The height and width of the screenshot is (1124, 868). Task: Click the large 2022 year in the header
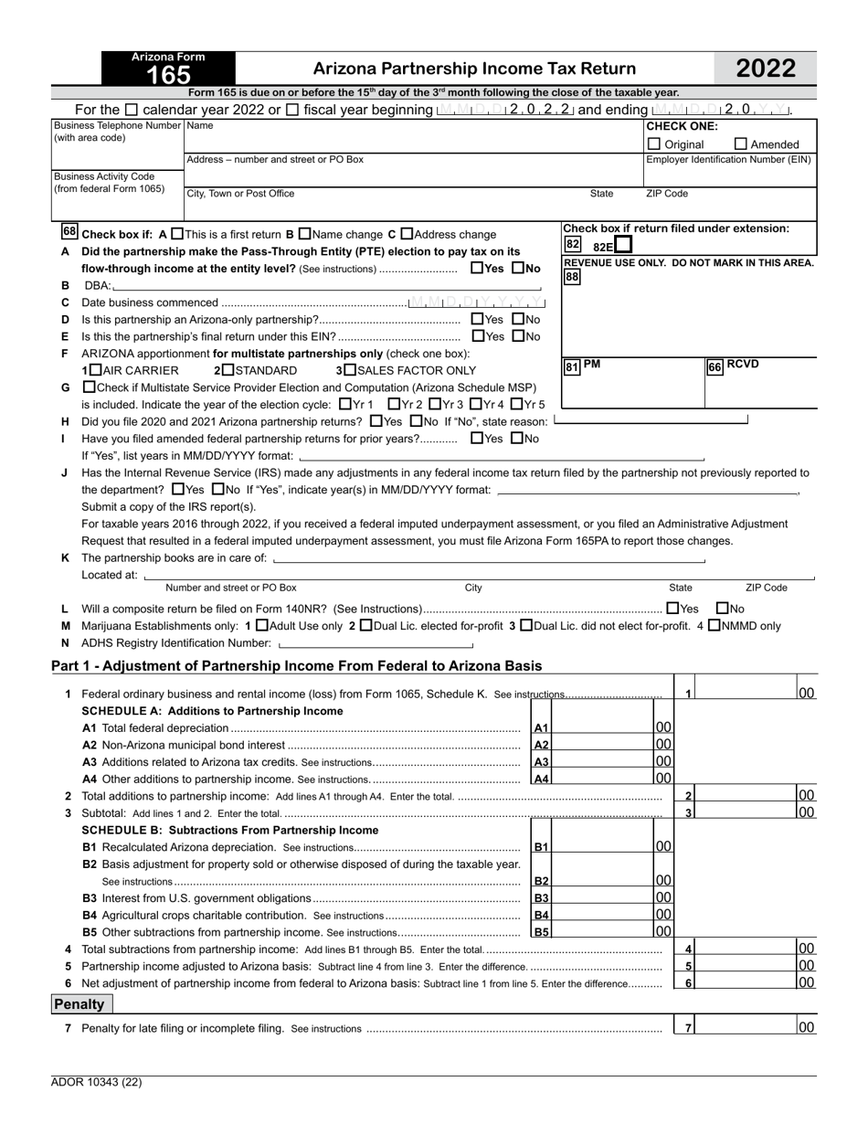coord(765,69)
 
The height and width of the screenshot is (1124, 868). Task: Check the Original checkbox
coord(654,143)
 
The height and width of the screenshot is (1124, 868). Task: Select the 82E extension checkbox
coord(623,246)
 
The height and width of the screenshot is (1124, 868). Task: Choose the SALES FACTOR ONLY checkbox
coord(350,370)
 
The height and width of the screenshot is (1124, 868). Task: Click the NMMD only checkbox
coord(715,626)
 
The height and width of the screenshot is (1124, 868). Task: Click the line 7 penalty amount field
coord(746,1027)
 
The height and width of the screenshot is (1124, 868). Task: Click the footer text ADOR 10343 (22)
coord(96,1082)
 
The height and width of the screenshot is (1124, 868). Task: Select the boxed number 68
coord(70,232)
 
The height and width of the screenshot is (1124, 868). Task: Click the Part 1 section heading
coord(296,665)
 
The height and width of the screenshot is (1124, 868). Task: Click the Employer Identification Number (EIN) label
coord(728,159)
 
